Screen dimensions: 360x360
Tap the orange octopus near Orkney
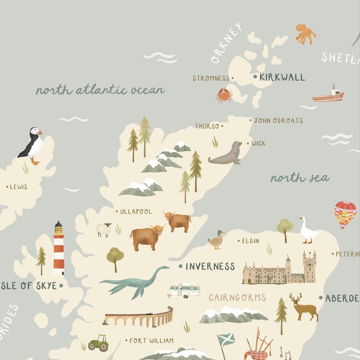click(x=305, y=34)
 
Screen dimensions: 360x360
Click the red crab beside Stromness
click(x=224, y=95)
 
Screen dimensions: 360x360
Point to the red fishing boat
click(x=329, y=95)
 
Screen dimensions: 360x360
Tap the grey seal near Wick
click(x=226, y=154)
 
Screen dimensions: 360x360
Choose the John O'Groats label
click(x=278, y=121)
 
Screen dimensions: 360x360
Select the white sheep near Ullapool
click(x=104, y=229)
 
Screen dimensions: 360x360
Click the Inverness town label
click(x=210, y=267)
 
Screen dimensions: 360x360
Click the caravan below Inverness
click(x=184, y=290)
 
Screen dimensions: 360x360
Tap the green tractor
click(x=99, y=343)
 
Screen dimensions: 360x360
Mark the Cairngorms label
click(x=237, y=298)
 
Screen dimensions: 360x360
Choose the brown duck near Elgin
click(x=217, y=240)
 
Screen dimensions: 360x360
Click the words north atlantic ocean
click(x=100, y=90)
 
